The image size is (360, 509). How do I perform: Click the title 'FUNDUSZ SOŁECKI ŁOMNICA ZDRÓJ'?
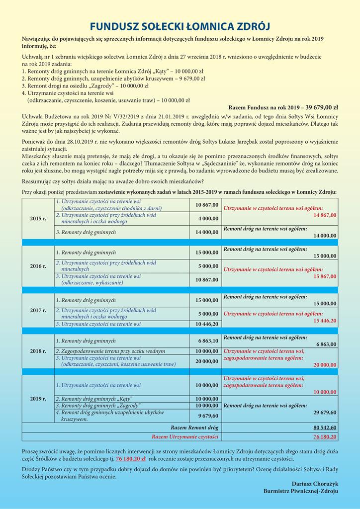point(180,26)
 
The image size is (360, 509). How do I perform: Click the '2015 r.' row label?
point(38,218)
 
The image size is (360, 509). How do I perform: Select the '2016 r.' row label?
point(38,266)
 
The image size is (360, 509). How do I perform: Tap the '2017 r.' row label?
point(38,311)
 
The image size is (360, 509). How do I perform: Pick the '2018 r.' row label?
point(38,351)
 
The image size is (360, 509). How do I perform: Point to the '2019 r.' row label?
point(38,399)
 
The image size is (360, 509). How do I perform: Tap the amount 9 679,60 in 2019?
point(208,416)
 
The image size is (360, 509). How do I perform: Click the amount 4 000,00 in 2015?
point(208,218)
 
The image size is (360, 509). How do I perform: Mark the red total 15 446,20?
point(325,321)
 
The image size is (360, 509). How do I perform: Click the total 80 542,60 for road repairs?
point(325,427)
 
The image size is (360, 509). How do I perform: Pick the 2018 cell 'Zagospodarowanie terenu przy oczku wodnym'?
point(109,351)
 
